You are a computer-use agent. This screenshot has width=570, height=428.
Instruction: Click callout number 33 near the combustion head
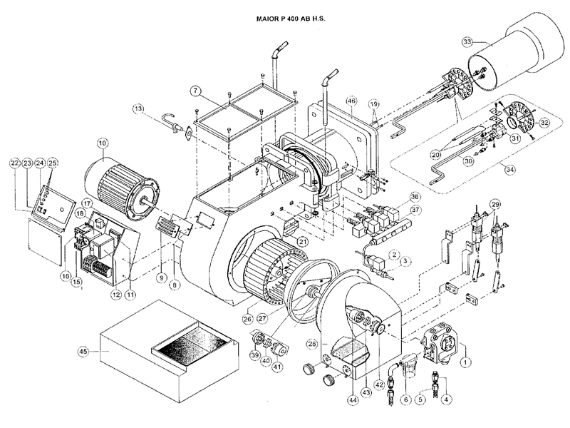[x=467, y=43]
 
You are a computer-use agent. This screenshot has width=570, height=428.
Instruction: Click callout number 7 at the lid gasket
[x=195, y=91]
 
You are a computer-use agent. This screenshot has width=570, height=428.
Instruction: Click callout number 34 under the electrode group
[x=509, y=170]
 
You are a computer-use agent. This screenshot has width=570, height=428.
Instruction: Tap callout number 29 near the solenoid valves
[x=494, y=205]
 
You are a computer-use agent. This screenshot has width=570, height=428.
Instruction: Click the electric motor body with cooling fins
[x=121, y=186]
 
